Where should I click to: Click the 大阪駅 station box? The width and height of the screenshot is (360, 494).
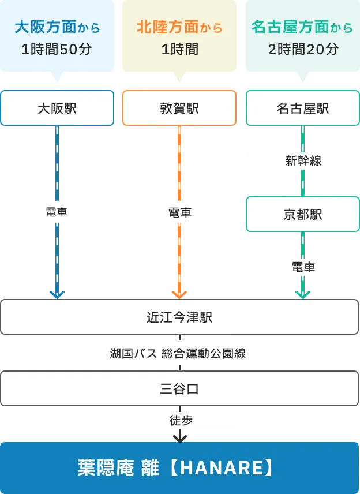[57, 108]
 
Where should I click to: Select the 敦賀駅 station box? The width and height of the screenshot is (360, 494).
[179, 108]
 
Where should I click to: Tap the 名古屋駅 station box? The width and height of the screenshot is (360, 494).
[302, 108]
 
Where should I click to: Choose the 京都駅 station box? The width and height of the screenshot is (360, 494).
[302, 215]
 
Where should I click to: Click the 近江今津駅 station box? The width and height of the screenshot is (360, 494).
[179, 317]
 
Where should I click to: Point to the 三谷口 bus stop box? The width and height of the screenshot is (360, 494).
[179, 388]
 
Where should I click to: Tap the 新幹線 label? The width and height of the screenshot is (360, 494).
[302, 162]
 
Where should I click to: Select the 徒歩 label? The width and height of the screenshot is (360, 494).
[179, 420]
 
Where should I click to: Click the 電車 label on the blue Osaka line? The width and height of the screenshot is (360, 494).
[57, 212]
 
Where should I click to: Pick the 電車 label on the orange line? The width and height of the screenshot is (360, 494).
[179, 212]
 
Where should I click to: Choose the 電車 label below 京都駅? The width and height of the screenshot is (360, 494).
[302, 267]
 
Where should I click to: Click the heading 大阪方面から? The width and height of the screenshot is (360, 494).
[57, 27]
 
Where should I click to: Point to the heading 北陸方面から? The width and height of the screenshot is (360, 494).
[179, 27]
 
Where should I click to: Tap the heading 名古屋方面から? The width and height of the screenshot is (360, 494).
[302, 27]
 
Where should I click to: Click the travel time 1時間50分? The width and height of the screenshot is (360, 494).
[57, 50]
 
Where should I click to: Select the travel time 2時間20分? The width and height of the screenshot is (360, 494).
[302, 50]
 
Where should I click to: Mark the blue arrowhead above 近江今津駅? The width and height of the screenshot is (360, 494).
[57, 294]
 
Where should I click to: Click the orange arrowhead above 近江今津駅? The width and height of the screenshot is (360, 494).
[179, 294]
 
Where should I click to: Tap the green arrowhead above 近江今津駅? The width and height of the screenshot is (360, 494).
[302, 294]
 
